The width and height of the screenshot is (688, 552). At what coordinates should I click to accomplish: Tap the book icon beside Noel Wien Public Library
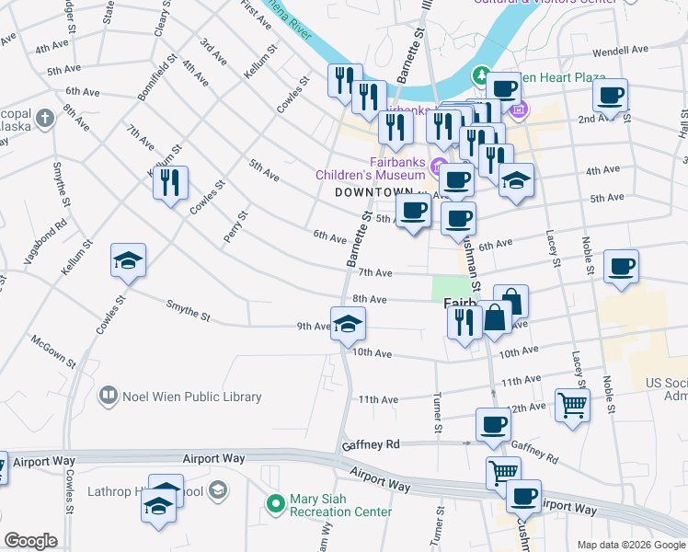(109, 397)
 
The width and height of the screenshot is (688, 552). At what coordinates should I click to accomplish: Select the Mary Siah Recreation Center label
(340, 505)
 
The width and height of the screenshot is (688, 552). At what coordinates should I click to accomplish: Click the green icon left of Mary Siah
(274, 503)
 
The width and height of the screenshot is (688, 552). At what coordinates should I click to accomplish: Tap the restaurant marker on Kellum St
(170, 183)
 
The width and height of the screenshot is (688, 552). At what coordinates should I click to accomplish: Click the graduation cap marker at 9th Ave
(348, 324)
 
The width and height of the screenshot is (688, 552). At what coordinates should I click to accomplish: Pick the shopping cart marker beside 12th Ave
(572, 405)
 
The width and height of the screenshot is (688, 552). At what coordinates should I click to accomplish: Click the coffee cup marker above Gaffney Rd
(493, 424)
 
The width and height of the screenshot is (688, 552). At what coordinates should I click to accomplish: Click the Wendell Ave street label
(622, 52)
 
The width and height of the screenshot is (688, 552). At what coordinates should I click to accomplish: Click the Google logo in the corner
(30, 540)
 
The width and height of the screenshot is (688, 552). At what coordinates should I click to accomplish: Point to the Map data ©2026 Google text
(630, 545)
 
